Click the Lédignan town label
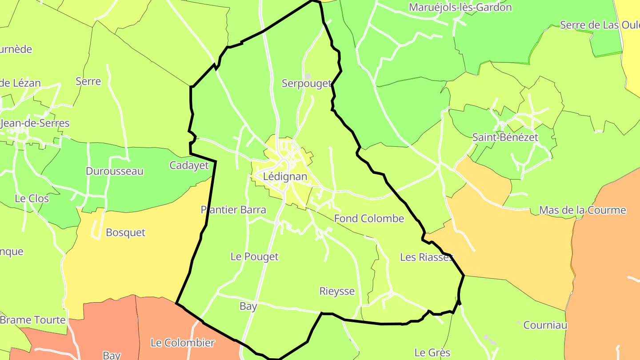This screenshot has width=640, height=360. coord(285,176)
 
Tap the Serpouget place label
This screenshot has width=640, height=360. coord(307,84)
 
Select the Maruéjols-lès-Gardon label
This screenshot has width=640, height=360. coord(460,8)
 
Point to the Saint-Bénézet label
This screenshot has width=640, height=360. coord(505,137)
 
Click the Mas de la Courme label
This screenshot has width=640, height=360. coord(582,210)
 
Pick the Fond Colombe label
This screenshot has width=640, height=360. coord(369,218)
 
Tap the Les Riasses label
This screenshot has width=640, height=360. coord(426,257)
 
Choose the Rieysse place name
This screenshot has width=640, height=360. coord(337,291)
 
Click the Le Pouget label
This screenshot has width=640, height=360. coord(254,256)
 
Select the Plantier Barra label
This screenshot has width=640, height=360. coord(233,210)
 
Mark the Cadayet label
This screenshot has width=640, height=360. coord(189,165)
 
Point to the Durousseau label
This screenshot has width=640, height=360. coord(115,171)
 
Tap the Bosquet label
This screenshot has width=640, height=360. coord(125,232)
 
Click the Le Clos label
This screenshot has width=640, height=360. coord(32,198)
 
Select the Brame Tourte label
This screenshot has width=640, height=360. coord(33,320)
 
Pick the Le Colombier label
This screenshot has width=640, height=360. coord(183,343)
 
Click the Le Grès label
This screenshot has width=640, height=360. coord(432,353)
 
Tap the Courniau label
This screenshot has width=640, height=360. coord(545,325)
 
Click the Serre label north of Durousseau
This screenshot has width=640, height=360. coord(88,81)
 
